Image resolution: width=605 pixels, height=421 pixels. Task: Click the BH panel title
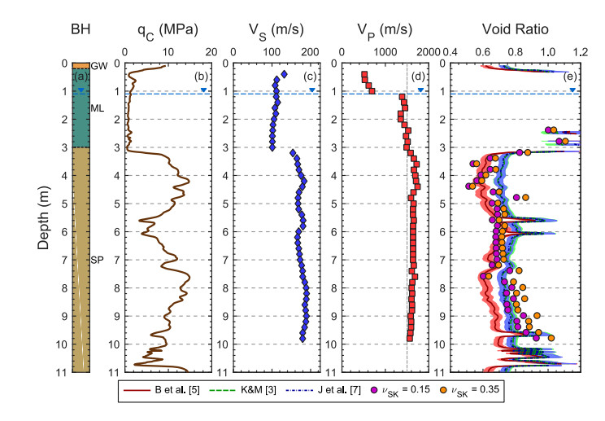(80, 32)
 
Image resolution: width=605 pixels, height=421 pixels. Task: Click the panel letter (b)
(200, 77)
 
